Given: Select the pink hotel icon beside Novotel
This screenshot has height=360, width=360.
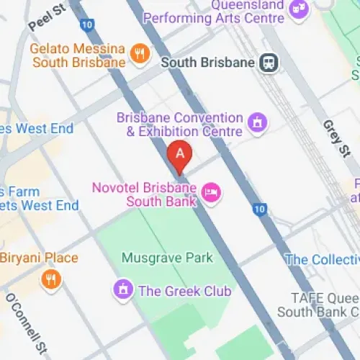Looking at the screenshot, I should click(x=212, y=192).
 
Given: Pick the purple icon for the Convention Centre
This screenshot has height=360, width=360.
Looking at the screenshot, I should click(x=256, y=124).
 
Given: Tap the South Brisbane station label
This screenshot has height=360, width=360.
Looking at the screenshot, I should click(x=207, y=63).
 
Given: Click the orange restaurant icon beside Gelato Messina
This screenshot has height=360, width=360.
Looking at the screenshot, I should click(x=140, y=53).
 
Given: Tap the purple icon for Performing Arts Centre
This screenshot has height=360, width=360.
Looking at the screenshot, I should click(x=297, y=9).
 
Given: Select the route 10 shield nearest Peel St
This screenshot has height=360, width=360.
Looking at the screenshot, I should click(x=87, y=25).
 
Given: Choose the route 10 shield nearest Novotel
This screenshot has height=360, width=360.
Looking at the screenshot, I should click(x=261, y=210).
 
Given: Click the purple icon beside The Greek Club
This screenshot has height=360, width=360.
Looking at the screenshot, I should click(x=123, y=290).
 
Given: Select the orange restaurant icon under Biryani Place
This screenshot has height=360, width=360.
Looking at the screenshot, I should click(x=50, y=279).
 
